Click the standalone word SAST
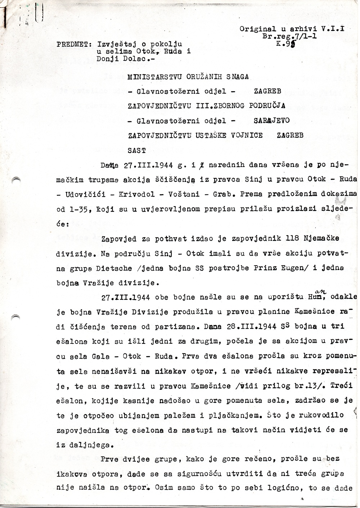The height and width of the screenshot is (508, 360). [137, 150]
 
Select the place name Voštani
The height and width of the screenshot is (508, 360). [183, 194]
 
